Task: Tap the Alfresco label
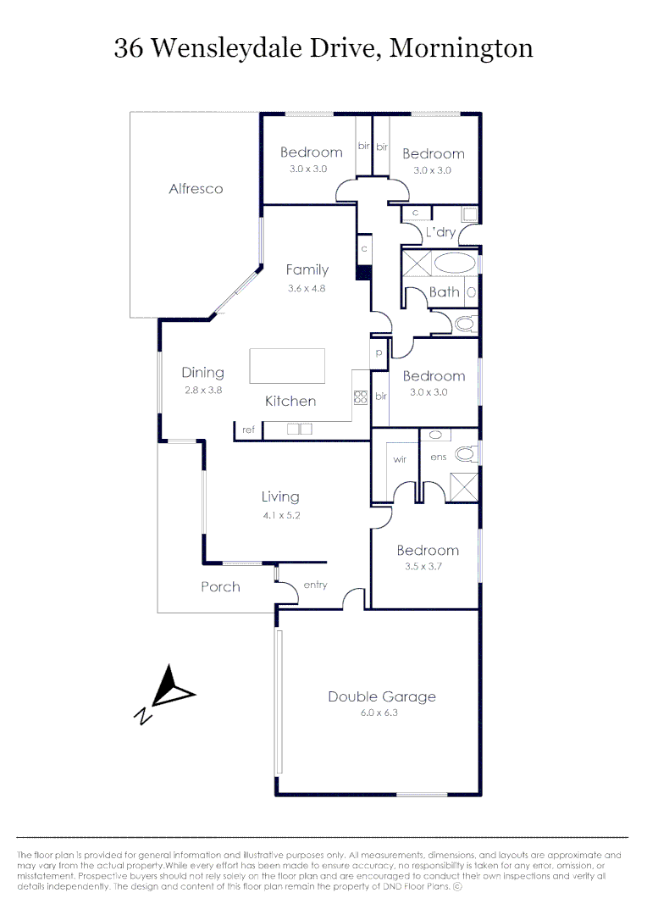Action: pos(196,189)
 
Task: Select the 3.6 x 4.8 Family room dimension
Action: pos(307,288)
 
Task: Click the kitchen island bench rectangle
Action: pos(287,366)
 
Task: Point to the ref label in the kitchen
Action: pos(248,430)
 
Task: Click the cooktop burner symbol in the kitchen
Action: pos(359,396)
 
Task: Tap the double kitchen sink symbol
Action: pos(300,430)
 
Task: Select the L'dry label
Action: pos(440,232)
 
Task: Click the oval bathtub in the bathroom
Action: pos(456,263)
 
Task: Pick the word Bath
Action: pos(444,292)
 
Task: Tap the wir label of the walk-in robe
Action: pos(400,458)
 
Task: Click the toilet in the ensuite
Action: pos(464,454)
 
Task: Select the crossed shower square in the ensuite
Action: pos(463,487)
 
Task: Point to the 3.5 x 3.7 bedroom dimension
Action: pos(428,567)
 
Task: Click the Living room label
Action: pos(279,497)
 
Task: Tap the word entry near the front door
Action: pos(315,585)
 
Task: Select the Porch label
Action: pos(220,586)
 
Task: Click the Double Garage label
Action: pos(382,696)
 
